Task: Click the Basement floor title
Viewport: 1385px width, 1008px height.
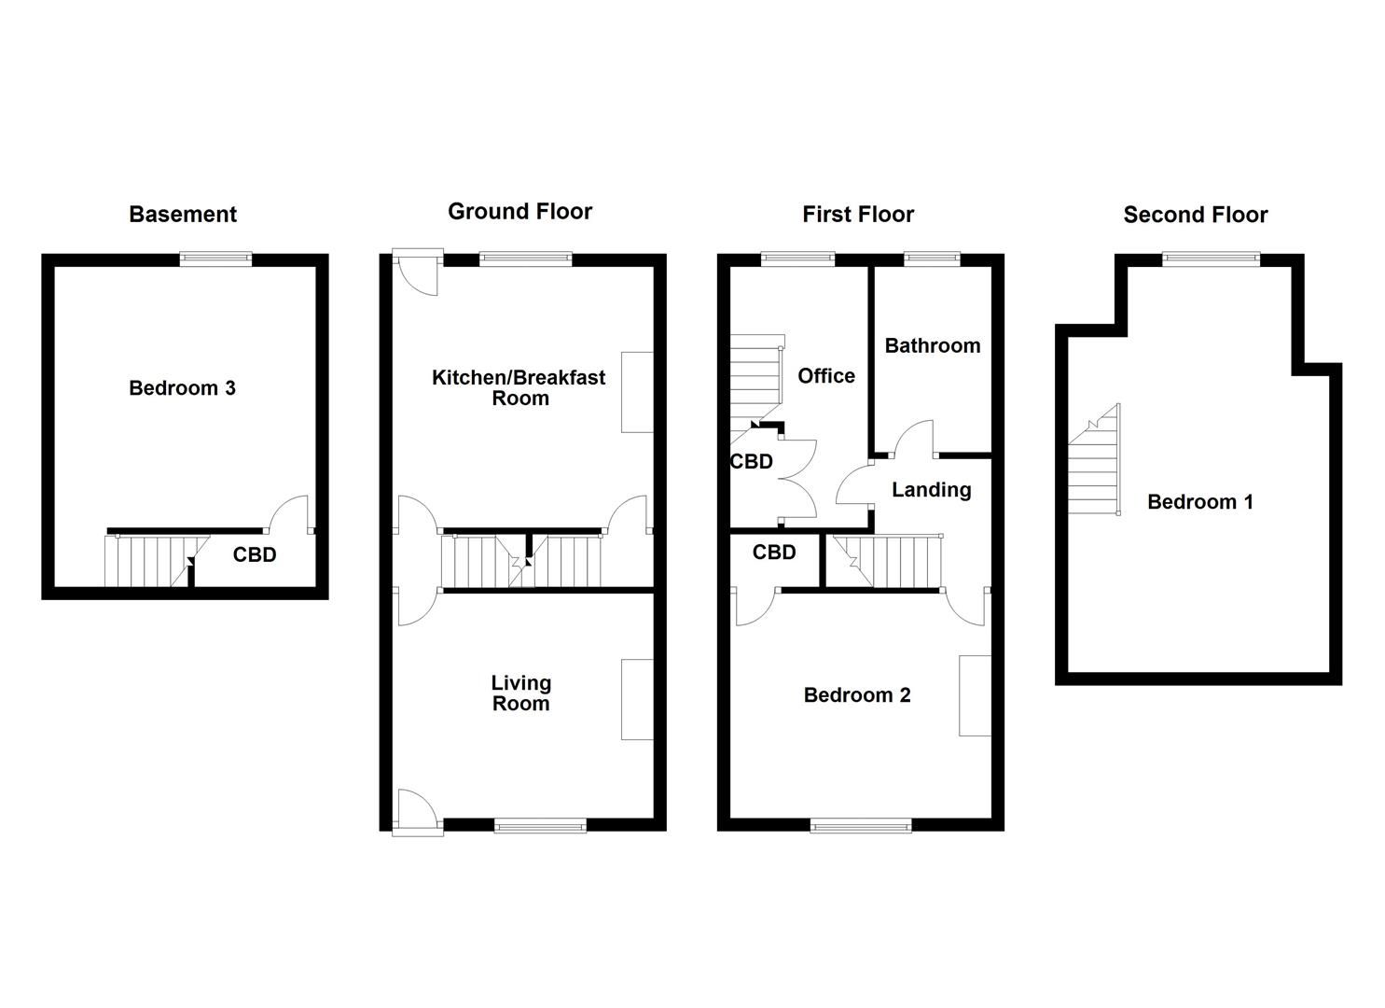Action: click(x=183, y=215)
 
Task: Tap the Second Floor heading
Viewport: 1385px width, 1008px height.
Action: click(x=1195, y=216)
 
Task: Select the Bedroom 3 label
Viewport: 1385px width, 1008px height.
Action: click(x=182, y=388)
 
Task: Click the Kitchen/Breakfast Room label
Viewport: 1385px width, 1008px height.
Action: click(x=519, y=387)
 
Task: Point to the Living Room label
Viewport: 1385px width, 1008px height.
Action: click(x=520, y=693)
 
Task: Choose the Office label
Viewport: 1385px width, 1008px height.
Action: click(x=825, y=376)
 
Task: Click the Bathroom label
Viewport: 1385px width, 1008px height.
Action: click(x=932, y=346)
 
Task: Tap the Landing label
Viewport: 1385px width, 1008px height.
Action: click(x=931, y=490)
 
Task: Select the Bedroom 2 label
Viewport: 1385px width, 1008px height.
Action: click(x=856, y=695)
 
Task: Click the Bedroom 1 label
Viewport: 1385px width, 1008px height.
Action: click(x=1199, y=502)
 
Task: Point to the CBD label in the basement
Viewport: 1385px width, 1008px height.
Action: click(x=255, y=555)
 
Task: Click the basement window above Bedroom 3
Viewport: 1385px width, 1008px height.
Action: click(x=215, y=259)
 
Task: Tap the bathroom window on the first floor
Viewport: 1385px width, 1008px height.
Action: click(x=932, y=259)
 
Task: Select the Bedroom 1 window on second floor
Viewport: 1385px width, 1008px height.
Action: click(x=1211, y=259)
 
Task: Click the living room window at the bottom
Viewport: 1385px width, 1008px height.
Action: click(x=540, y=824)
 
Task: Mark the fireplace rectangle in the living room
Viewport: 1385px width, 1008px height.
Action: click(x=637, y=699)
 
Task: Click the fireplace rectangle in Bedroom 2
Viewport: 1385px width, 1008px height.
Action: click(x=975, y=695)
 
